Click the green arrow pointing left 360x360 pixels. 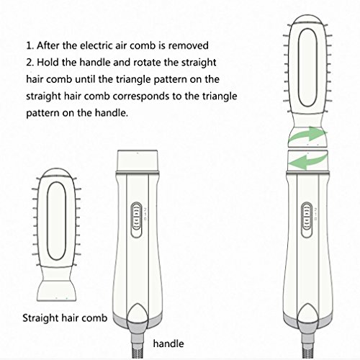tap(307, 161)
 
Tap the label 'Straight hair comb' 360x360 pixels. tap(65, 318)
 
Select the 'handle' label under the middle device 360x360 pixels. tap(168, 343)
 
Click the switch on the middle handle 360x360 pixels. tap(137, 220)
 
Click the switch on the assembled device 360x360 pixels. tap(307, 220)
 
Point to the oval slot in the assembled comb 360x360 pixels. tap(308, 68)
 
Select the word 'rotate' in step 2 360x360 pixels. tap(147, 63)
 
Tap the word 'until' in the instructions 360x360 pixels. tap(85, 79)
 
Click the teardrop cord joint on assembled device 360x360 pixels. tap(307, 314)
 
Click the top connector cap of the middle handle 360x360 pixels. tap(138, 161)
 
